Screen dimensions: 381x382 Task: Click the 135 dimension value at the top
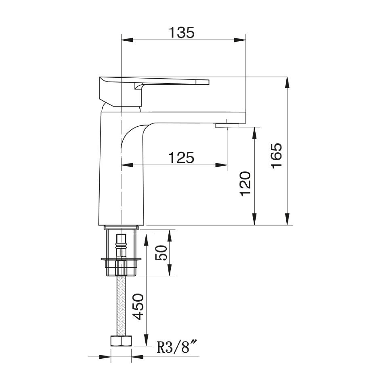(181, 32)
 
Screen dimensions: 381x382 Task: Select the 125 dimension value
(181, 158)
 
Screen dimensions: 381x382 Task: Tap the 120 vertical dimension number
(246, 184)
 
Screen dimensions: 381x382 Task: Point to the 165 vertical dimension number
(278, 155)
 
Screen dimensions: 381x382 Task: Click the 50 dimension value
(162, 253)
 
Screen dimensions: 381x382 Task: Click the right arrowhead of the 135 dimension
(241, 40)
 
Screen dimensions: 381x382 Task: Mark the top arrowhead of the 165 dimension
(288, 81)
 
